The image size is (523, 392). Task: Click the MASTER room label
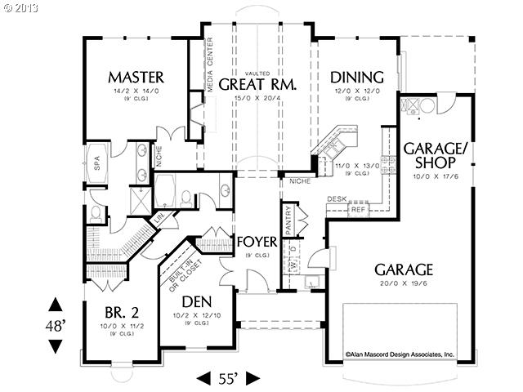[136, 78]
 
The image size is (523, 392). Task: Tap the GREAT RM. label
[257, 84]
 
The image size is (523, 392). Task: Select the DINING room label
[356, 78]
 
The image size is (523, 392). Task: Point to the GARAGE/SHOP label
[435, 156]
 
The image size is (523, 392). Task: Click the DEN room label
[198, 301]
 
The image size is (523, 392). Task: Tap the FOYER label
[256, 243]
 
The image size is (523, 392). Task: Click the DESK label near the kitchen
[337, 198]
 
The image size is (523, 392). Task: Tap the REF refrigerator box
[356, 209]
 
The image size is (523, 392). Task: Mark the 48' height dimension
[54, 325]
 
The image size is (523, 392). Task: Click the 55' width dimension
[229, 378]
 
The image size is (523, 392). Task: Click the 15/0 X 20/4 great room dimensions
[257, 98]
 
